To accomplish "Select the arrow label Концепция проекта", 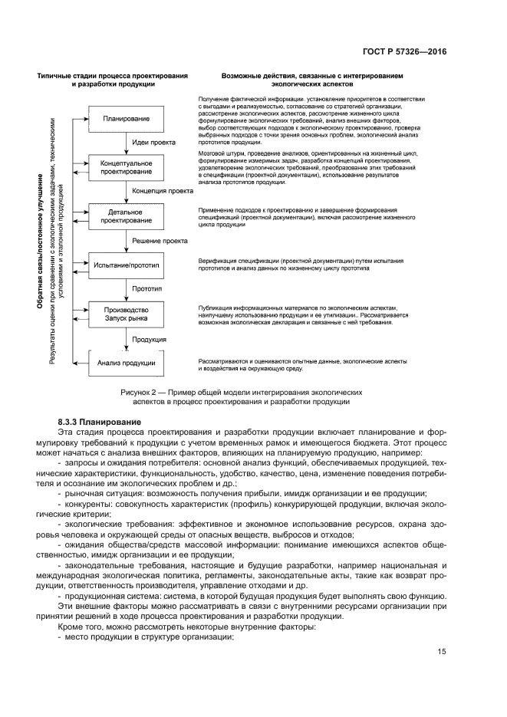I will tap(162, 192).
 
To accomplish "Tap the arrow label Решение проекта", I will tap(160, 241).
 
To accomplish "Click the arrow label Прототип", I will tap(149, 290).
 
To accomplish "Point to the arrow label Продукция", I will tap(149, 339).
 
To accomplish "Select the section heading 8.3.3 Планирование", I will tap(100, 423).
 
